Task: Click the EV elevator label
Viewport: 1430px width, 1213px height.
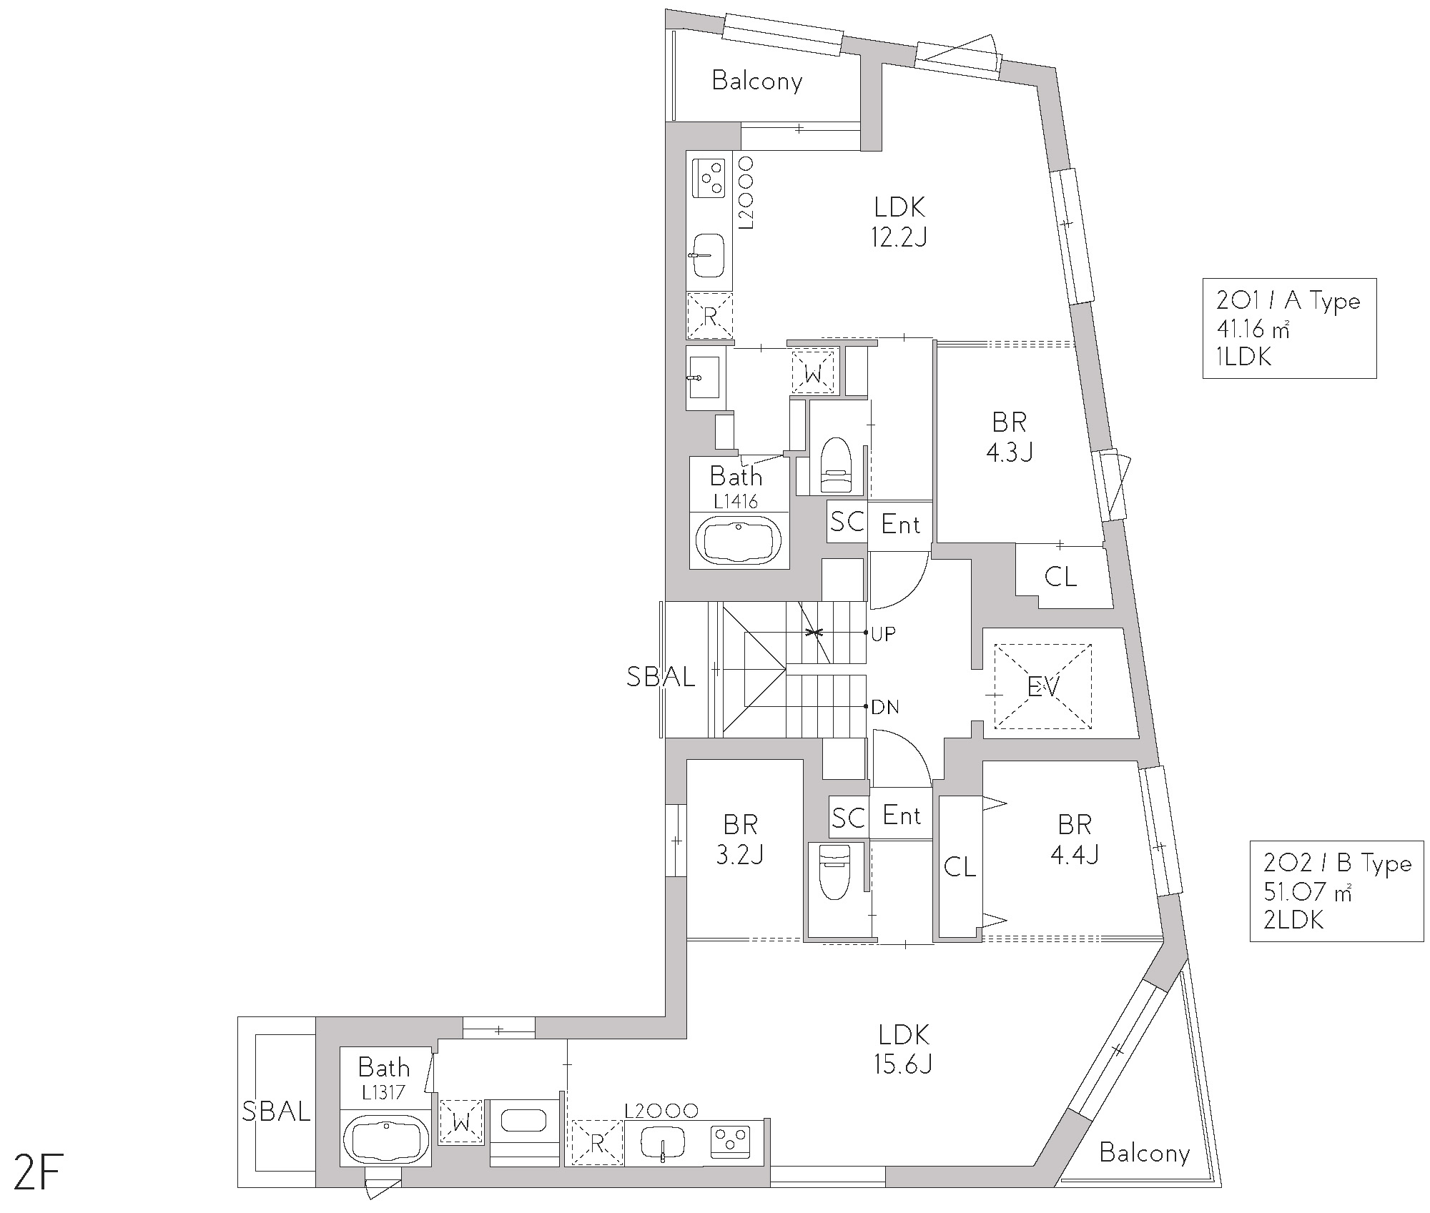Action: pos(1042,688)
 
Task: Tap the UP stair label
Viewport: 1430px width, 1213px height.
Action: pos(884,633)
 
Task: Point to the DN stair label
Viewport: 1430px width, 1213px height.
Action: pos(885,708)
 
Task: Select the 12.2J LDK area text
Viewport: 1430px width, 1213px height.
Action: pos(899,237)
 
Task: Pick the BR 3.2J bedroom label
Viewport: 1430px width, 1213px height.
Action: pos(740,839)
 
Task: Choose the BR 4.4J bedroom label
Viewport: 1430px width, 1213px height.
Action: pos(1074,839)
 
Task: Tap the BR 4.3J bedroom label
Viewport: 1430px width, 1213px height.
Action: pos(1009,437)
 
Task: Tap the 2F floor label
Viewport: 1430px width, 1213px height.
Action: pos(34,1177)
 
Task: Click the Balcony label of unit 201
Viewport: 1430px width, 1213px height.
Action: pos(757,81)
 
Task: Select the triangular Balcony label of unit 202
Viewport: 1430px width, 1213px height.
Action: pos(1144,1173)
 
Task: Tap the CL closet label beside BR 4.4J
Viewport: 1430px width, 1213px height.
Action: pos(960,867)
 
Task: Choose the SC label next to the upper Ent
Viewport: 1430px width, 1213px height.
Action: pos(847,522)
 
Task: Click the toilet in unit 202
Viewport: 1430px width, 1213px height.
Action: pos(834,873)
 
